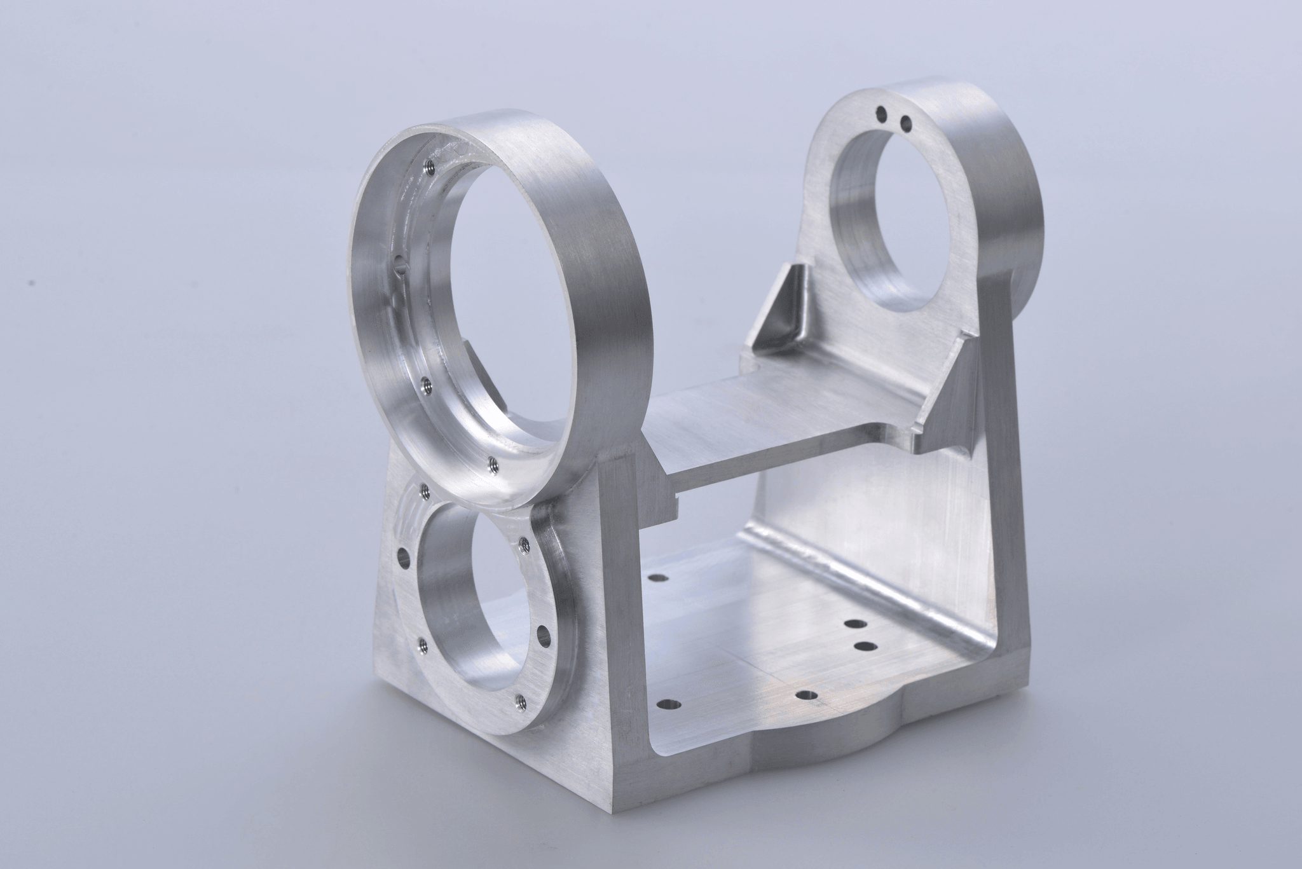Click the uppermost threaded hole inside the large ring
pyautogui.click(x=427, y=167)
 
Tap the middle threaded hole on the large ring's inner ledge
pyautogui.click(x=427, y=383)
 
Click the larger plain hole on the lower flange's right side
pyautogui.click(x=543, y=634)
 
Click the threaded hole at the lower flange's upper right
pyautogui.click(x=524, y=543)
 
